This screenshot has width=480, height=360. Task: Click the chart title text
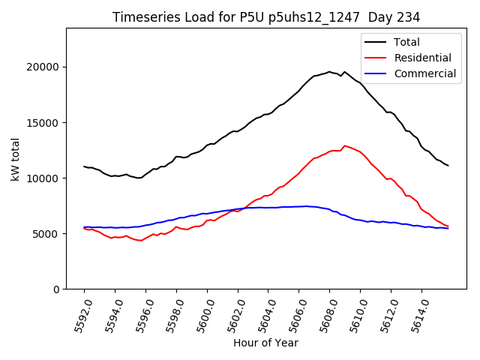266,16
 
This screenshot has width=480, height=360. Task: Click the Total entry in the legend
407,42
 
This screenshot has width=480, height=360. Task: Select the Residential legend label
422,58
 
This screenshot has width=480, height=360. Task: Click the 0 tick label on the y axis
56,289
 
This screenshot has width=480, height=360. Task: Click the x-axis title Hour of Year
265,343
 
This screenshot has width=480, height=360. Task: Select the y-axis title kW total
15,159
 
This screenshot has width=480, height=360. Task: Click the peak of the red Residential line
344,145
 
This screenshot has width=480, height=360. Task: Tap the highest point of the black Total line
329,72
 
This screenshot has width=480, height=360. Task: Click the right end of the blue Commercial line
448,228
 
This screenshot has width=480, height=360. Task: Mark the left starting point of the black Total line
84,166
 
